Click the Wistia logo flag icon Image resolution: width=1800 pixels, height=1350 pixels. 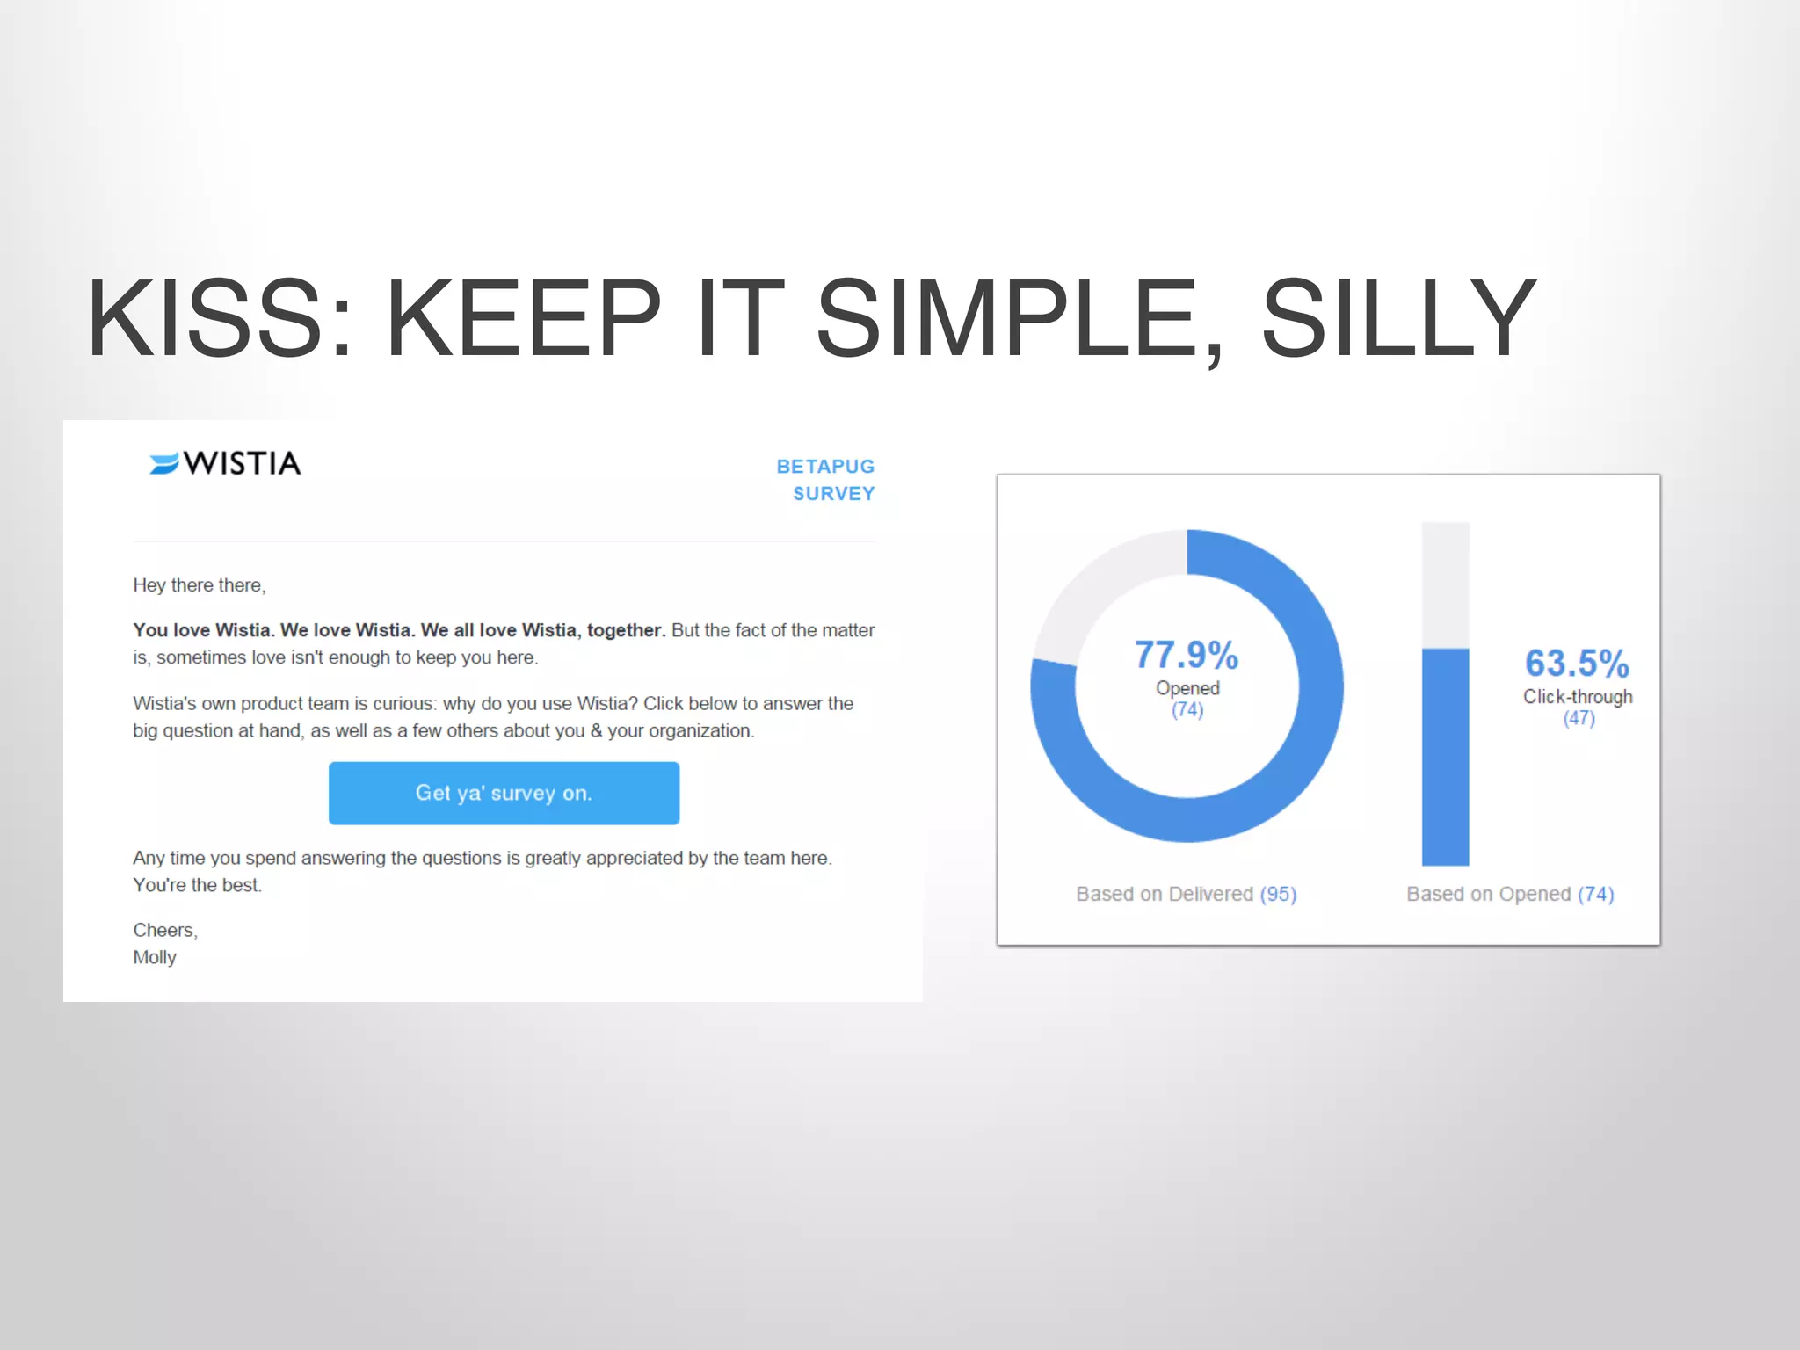pyautogui.click(x=164, y=463)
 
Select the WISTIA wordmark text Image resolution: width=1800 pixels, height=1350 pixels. pyautogui.click(x=242, y=463)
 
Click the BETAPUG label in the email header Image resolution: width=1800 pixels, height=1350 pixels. pyautogui.click(x=825, y=467)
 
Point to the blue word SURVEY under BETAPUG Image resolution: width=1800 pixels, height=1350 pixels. pyautogui.click(x=833, y=494)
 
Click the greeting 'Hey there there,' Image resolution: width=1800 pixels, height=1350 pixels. pyautogui.click(x=200, y=585)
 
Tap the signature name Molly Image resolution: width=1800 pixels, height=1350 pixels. pyautogui.click(x=155, y=957)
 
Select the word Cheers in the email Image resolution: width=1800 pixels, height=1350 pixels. pyautogui.click(x=163, y=930)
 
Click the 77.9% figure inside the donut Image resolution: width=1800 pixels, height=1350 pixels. pyautogui.click(x=1187, y=655)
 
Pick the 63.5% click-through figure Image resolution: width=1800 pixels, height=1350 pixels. pyautogui.click(x=1577, y=664)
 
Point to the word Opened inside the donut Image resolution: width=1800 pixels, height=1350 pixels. pyautogui.click(x=1187, y=688)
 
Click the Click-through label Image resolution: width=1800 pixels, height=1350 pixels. pyautogui.click(x=1578, y=697)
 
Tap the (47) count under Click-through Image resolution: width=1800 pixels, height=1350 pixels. pyautogui.click(x=1579, y=718)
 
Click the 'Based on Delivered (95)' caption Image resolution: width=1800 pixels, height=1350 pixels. pyautogui.click(x=1187, y=894)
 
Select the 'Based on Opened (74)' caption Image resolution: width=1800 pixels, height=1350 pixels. pyautogui.click(x=1510, y=894)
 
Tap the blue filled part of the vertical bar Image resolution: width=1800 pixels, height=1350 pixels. pyautogui.click(x=1446, y=756)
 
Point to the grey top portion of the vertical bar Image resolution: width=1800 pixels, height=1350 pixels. pyautogui.click(x=1446, y=584)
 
